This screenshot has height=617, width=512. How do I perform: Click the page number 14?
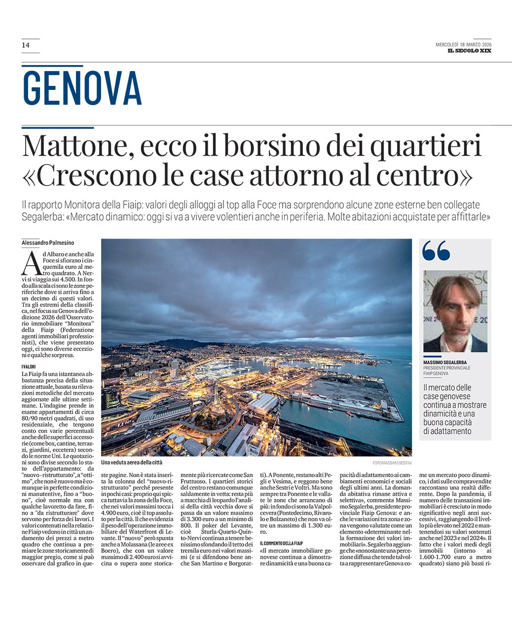[26, 45]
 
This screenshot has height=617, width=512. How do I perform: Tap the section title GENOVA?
[82, 88]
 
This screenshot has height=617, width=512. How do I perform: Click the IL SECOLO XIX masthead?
[469, 51]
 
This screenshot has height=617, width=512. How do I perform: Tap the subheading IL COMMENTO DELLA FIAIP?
[281, 543]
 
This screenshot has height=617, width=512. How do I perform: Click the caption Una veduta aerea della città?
[132, 463]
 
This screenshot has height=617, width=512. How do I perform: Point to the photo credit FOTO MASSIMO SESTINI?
[392, 463]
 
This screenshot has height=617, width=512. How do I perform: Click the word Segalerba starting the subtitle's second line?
[43, 217]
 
